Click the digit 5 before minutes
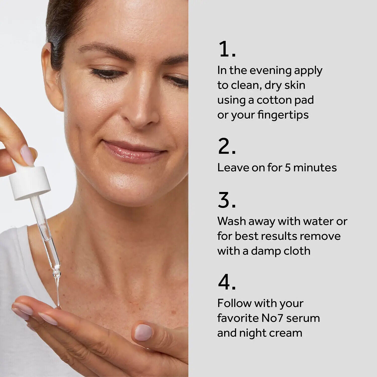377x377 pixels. tap(288, 168)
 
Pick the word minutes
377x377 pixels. tap(315, 168)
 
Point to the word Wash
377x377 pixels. tap(231, 221)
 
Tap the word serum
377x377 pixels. tap(303, 318)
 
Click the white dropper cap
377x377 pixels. tap(29, 180)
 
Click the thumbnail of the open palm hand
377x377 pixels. tap(143, 332)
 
